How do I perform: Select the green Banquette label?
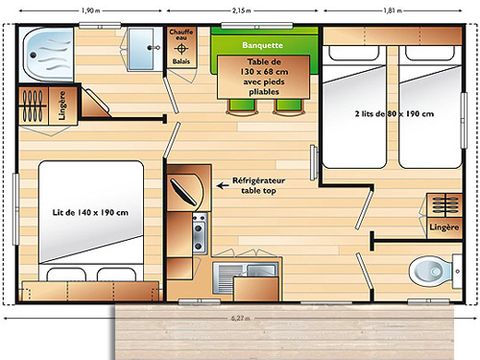coord(262,45)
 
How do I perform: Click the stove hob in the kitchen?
coord(198,233)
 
